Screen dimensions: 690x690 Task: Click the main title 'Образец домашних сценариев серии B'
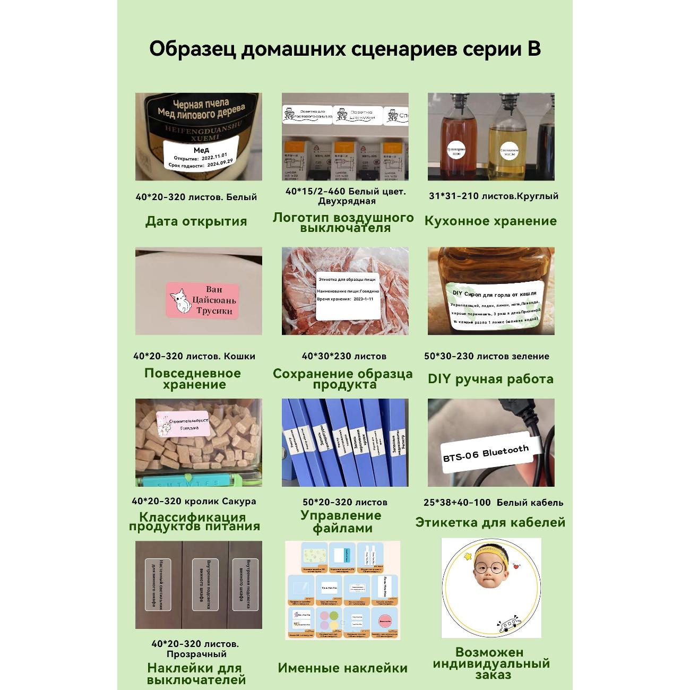(x=344, y=48)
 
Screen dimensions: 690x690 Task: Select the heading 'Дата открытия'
(x=196, y=221)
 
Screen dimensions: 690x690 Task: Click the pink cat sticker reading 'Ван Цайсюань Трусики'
(x=203, y=300)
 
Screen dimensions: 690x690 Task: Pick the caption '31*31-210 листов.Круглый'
(x=493, y=196)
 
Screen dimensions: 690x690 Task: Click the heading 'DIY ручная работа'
(x=490, y=379)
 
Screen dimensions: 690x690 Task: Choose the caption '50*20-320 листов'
(x=344, y=502)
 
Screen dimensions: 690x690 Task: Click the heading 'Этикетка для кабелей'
(x=490, y=522)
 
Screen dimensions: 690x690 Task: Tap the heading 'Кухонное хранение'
(x=490, y=221)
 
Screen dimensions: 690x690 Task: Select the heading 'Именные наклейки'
(x=342, y=668)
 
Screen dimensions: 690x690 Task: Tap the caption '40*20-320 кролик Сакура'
(x=194, y=501)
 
